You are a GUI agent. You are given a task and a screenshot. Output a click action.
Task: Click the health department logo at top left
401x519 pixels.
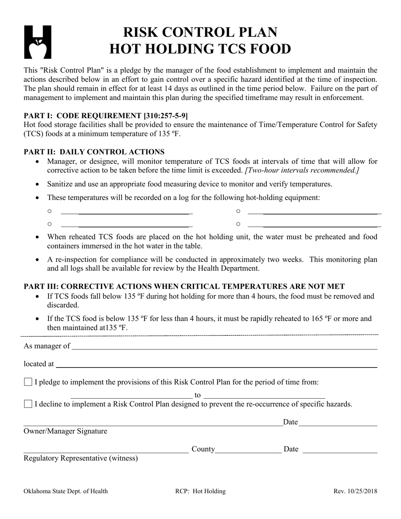pyautogui.click(x=38, y=42)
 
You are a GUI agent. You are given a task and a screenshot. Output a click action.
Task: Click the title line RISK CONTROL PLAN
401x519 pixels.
pyautogui.click(x=200, y=32)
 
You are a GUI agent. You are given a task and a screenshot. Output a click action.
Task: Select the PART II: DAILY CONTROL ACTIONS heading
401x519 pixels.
pyautogui.click(x=94, y=152)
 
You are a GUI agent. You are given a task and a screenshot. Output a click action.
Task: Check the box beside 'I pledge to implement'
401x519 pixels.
pyautogui.click(x=28, y=382)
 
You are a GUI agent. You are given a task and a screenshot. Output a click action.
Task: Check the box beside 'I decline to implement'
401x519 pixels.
pyautogui.click(x=28, y=404)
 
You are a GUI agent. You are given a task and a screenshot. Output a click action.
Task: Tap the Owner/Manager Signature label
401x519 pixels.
pyautogui.click(x=65, y=431)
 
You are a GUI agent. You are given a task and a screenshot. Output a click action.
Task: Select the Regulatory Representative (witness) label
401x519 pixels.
pyautogui.click(x=81, y=458)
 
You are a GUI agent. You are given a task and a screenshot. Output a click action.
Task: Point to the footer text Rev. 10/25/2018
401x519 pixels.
pyautogui.click(x=355, y=491)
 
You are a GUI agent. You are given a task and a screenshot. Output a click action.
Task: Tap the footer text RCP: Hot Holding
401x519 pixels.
pyautogui.click(x=200, y=491)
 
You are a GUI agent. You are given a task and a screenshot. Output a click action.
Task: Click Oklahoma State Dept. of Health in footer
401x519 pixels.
pyautogui.click(x=65, y=491)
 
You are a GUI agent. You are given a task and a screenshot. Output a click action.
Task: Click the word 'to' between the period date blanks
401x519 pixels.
pyautogui.click(x=198, y=395)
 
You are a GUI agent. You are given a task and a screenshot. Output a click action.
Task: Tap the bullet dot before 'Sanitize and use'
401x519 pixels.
pyautogui.click(x=38, y=184)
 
